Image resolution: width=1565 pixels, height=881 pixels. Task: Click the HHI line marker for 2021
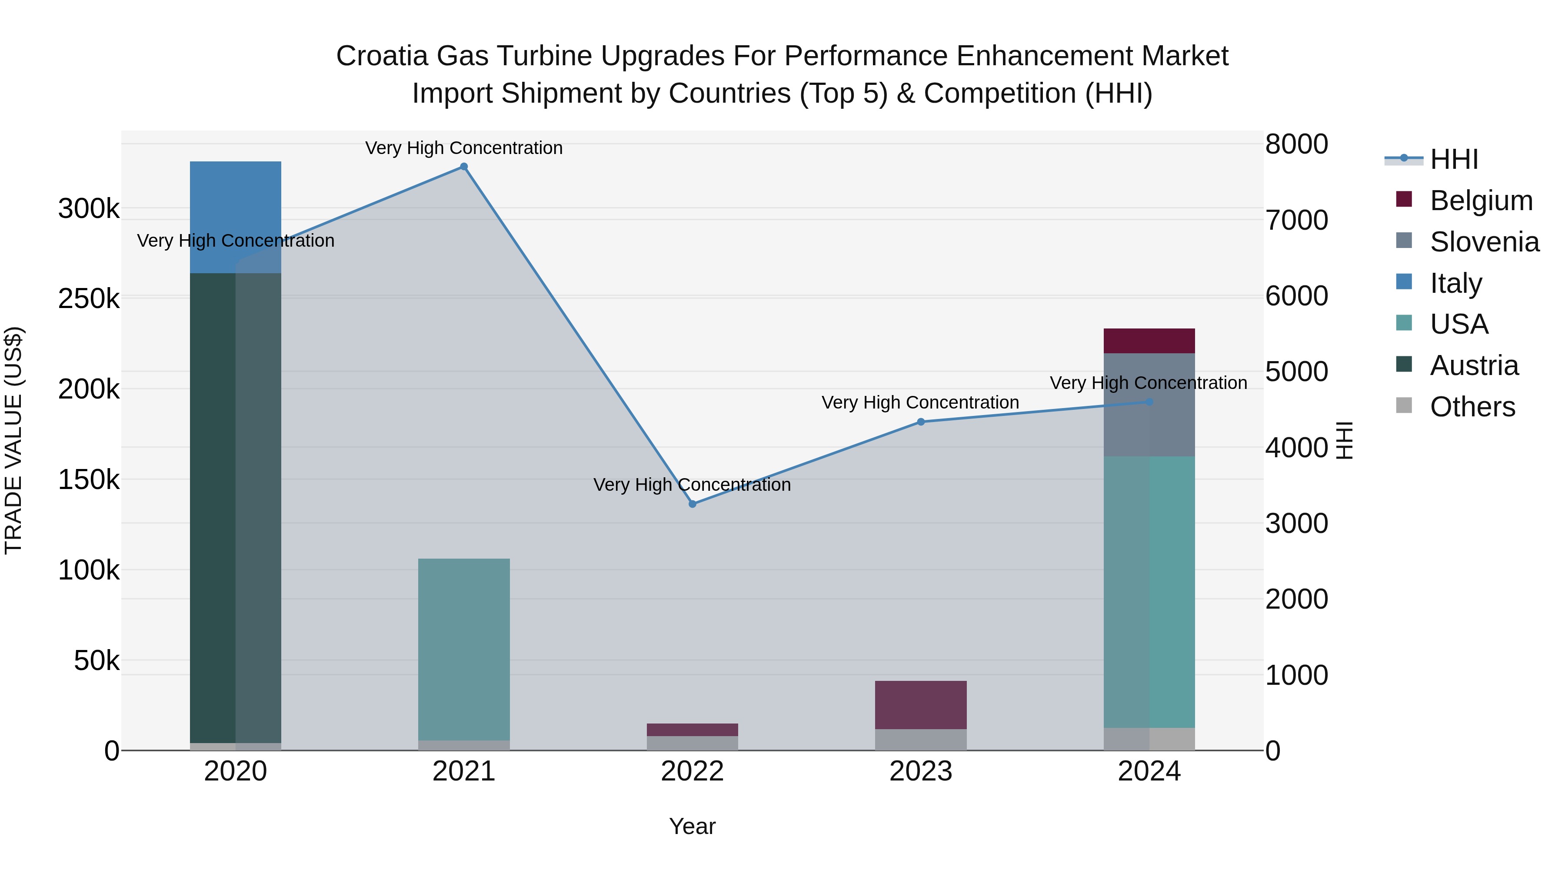coord(463,167)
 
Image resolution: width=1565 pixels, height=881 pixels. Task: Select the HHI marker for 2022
coord(693,504)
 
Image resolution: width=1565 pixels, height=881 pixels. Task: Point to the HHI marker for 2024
coord(1149,402)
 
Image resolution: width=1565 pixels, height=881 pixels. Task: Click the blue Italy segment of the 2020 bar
coord(235,217)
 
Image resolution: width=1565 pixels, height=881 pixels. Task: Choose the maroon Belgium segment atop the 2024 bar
coord(1149,341)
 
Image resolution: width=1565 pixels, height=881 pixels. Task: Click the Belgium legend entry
coord(1481,201)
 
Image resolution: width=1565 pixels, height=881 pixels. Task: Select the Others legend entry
coord(1472,407)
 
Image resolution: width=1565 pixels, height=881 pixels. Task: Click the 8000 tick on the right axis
coord(1296,145)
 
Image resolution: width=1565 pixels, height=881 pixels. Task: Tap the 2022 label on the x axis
coord(692,771)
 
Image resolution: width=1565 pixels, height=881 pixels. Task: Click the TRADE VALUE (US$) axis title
coord(14,440)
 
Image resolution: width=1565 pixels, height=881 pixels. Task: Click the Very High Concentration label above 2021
coord(463,148)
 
